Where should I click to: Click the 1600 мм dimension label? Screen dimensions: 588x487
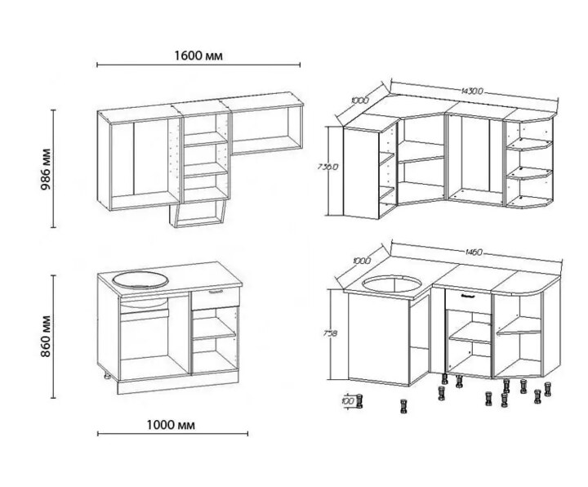point(198,56)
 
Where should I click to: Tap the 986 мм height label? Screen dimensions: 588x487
point(46,169)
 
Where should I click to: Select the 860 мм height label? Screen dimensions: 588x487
point(46,336)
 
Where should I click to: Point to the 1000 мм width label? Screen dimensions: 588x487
point(171,425)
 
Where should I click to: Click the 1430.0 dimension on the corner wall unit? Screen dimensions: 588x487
point(472,91)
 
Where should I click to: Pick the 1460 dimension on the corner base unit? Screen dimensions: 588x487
point(474,252)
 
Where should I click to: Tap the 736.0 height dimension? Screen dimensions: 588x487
point(327,166)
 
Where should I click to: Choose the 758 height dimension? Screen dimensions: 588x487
point(330,333)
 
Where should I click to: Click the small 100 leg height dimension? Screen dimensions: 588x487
point(349,400)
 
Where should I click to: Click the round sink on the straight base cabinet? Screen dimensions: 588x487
point(140,280)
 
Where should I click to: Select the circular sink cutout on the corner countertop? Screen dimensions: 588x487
point(392,284)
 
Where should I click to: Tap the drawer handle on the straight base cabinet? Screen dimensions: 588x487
point(216,292)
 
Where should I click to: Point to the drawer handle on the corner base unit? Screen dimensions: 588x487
point(469,296)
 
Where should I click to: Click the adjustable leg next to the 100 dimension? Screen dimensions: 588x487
point(359,400)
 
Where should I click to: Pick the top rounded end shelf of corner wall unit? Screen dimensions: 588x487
point(529,144)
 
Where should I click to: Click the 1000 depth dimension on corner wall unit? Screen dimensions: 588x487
point(360,101)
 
